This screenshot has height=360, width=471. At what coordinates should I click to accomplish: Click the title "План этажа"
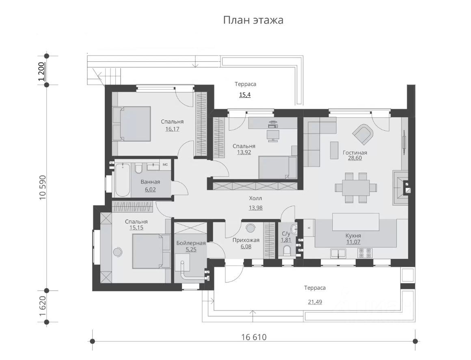253,20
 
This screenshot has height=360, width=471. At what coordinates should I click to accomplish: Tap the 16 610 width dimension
254,337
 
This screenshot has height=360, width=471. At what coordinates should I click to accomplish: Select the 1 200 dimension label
42,71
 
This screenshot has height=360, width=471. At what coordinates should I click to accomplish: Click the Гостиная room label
355,153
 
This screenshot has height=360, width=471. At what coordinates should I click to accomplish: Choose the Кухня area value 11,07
353,242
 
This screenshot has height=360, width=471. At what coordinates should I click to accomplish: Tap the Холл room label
255,198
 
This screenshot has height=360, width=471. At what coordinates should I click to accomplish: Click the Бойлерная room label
191,243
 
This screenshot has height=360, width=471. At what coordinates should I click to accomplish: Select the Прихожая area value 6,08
246,246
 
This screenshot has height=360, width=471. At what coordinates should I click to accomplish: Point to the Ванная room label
150,182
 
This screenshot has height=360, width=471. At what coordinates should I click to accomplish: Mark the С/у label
286,233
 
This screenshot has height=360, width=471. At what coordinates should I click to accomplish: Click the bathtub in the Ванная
123,180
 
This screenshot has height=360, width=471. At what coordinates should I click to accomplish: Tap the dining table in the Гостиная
352,188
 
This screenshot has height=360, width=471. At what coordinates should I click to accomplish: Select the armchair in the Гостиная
363,134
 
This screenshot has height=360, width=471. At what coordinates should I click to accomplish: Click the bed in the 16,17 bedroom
132,124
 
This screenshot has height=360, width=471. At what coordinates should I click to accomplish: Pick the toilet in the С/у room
287,250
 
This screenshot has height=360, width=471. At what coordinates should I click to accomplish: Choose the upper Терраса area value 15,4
245,95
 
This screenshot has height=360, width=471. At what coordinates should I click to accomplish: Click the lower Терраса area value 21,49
315,302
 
